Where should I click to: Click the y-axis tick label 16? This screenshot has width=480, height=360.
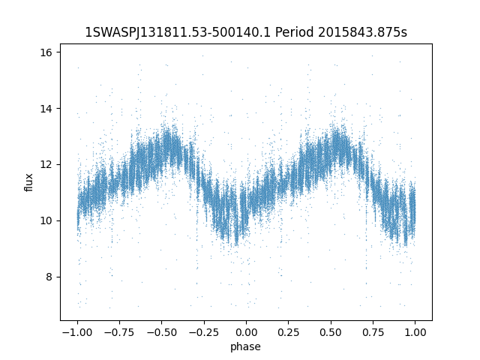46,52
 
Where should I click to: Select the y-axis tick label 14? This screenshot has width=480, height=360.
46,109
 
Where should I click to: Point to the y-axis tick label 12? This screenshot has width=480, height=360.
46,164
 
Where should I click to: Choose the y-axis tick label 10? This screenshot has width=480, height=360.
46,220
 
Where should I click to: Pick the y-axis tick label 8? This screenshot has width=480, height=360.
49,277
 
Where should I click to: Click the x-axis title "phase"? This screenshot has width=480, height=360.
246,346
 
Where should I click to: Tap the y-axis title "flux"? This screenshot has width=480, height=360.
29,182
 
